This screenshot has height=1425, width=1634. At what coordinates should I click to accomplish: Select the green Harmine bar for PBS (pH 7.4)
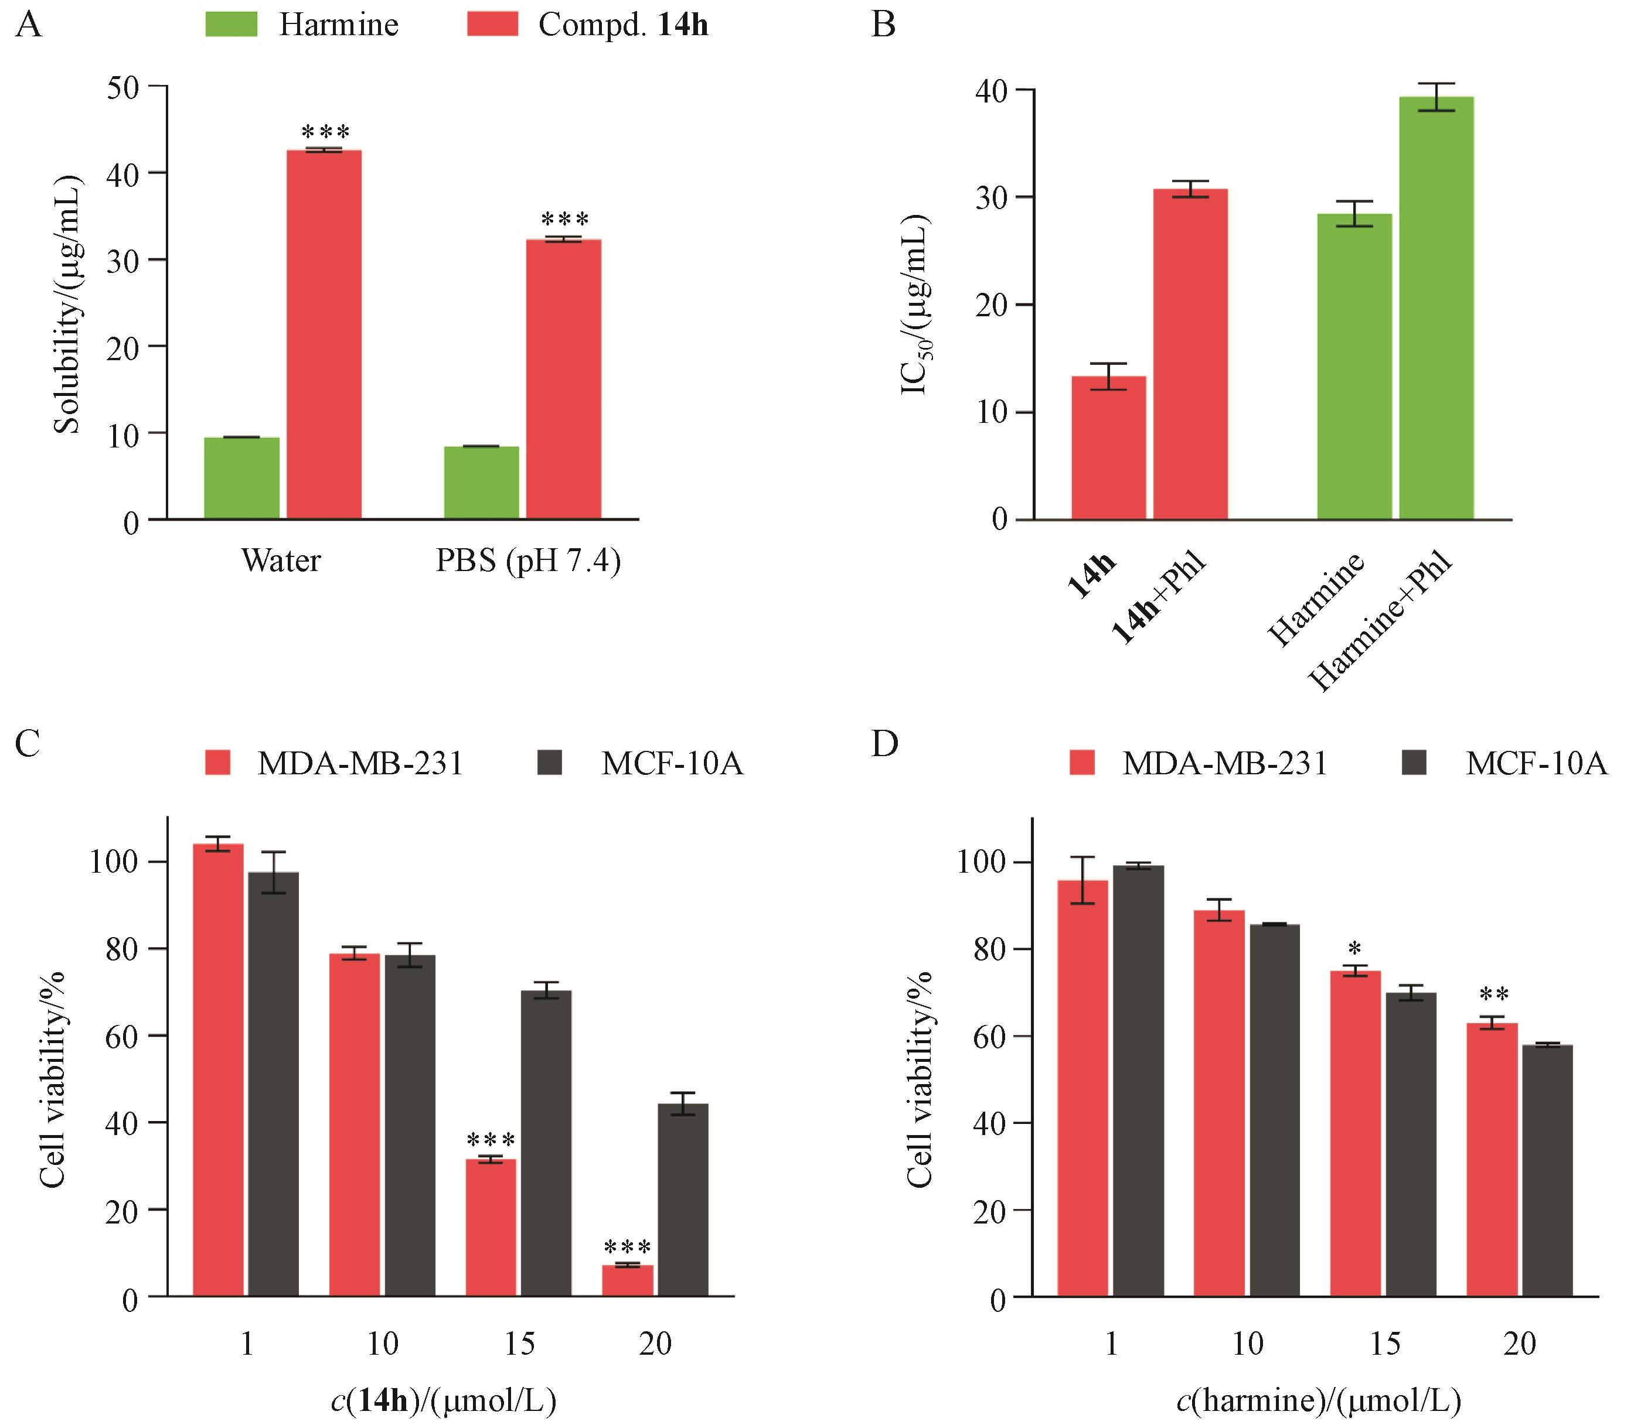[481, 483]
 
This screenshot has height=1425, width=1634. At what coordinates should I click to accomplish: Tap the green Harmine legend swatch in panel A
[232, 25]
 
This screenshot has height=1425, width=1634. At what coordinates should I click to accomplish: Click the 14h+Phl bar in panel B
[1190, 354]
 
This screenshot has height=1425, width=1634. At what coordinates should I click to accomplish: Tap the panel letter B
[884, 25]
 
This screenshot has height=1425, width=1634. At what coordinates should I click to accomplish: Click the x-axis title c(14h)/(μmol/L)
[443, 1400]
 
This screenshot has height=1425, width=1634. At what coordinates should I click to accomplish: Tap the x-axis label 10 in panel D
[1247, 1344]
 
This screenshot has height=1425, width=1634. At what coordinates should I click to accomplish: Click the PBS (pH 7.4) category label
[528, 561]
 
